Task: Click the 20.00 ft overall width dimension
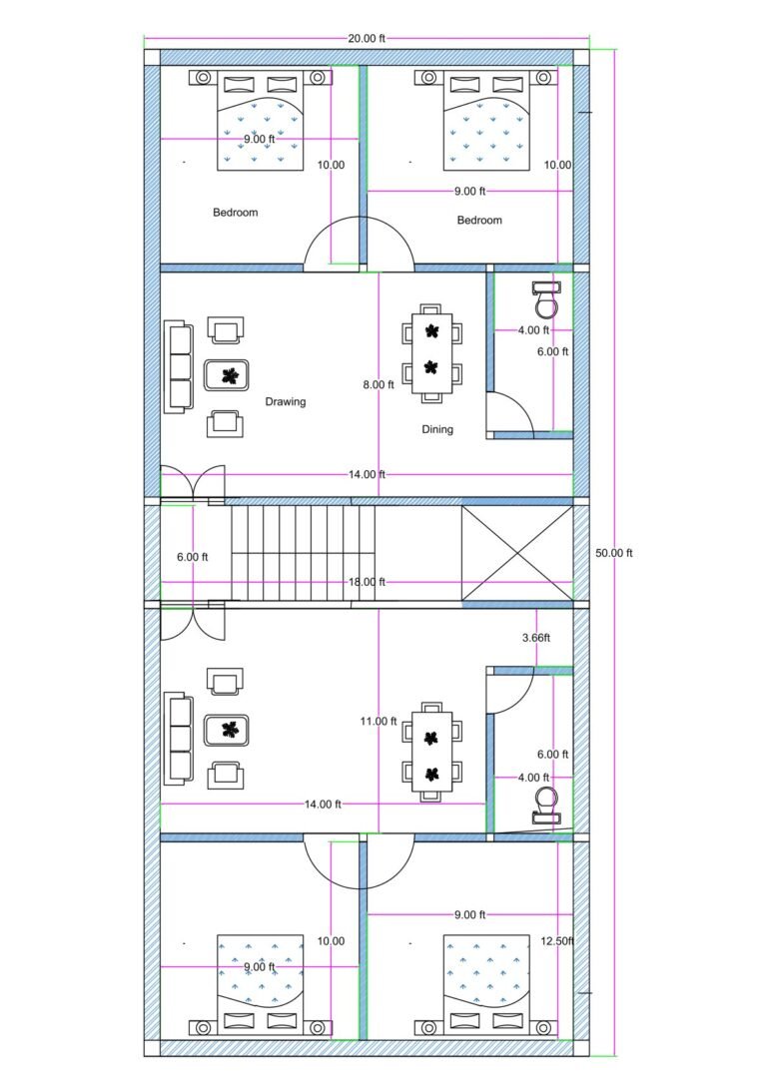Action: (x=366, y=39)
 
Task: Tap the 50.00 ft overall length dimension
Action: (x=613, y=552)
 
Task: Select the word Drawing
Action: (x=285, y=402)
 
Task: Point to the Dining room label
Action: (x=436, y=429)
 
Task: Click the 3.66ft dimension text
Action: (x=536, y=636)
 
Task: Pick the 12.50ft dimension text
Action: (x=555, y=940)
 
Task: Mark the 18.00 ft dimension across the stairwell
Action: (x=367, y=581)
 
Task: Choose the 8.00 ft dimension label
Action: (x=380, y=384)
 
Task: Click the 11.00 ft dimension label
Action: (x=380, y=721)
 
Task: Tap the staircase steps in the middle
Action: (x=296, y=551)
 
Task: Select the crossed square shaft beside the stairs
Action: (x=517, y=553)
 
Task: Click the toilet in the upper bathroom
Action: (x=545, y=298)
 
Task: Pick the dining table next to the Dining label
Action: (x=431, y=352)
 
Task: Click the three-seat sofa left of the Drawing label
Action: (x=179, y=366)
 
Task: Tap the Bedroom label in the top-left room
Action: (x=236, y=213)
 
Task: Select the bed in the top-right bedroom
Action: (x=484, y=121)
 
